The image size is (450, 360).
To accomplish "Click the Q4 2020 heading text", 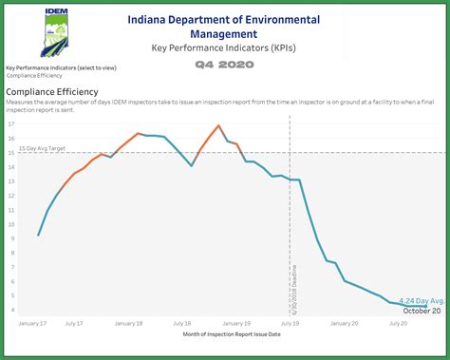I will point(224,66).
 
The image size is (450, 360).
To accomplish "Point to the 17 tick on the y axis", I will point(11,124).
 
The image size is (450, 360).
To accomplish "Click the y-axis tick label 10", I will point(11,224).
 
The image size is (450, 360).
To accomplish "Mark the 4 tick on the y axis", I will point(11,310).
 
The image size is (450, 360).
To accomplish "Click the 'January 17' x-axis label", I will point(31,324).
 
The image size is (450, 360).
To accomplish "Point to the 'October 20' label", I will point(422,311).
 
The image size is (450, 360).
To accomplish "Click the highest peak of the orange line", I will point(219,125).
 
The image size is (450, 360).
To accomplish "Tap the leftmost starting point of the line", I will point(38,235).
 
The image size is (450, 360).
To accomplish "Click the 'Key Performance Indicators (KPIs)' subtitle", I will point(224,47).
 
